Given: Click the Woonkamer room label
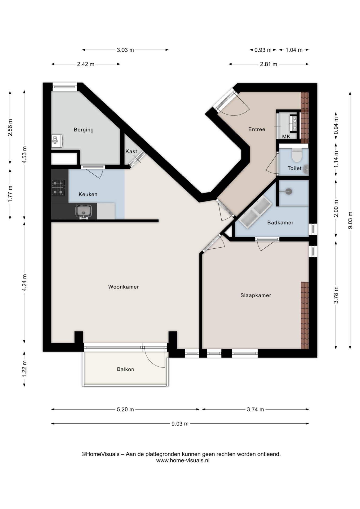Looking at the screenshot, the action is (x=124, y=287).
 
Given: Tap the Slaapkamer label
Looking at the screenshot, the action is (x=256, y=295).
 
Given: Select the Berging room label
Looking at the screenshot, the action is (x=84, y=130).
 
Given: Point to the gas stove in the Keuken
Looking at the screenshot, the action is (x=58, y=187).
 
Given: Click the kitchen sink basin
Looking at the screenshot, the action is (x=84, y=211).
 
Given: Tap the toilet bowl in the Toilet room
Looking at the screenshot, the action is (x=297, y=155).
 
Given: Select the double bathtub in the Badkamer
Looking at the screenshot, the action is (x=255, y=213).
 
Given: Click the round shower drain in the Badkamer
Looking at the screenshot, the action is (x=289, y=191).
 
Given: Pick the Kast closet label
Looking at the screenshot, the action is (x=131, y=151).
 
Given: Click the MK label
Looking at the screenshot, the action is (x=286, y=137).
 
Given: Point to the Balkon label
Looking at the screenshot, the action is (x=125, y=369).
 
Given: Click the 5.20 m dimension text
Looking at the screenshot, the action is (x=125, y=409).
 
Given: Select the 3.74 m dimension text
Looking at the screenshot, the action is (x=256, y=409).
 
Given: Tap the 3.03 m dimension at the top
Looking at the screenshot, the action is (x=125, y=50).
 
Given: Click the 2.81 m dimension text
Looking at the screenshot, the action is (x=269, y=64).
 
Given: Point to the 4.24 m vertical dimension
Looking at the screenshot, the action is (x=24, y=283).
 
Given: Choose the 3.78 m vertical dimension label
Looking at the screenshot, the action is (x=336, y=295).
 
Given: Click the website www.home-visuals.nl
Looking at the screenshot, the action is (x=183, y=460).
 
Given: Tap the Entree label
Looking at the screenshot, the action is (x=257, y=129).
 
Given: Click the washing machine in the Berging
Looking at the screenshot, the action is (x=57, y=141).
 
